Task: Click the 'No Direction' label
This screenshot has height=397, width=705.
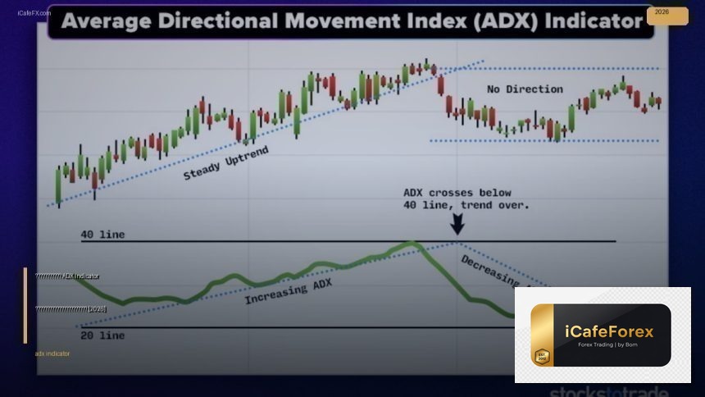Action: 525,89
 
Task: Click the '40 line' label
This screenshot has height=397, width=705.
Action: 102,235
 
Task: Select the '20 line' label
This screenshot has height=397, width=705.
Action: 102,335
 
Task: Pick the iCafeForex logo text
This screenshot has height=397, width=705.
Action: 609,332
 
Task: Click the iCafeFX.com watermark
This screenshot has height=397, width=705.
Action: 34,13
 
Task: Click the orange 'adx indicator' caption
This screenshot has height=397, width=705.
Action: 52,354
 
